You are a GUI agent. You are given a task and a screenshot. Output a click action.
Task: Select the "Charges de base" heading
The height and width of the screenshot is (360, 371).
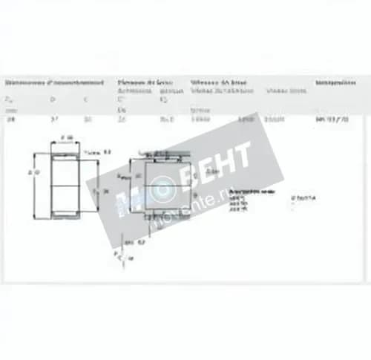coord(145,82)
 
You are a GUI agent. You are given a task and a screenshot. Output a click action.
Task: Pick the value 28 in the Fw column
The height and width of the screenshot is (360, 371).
coord(10,119)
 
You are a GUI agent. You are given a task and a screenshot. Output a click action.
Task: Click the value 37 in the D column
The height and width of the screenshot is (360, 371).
coord(52,119)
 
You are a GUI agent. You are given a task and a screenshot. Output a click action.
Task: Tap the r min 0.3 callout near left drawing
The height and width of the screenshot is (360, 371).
coord(94,151)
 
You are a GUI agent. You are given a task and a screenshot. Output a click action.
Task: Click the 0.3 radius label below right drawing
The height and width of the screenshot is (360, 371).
coord(131,242)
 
